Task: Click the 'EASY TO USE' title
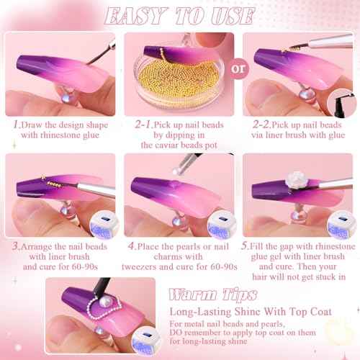179,16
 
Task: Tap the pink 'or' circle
238,68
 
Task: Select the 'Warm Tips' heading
213,294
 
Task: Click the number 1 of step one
16,125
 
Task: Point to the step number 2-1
143,125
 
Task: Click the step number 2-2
261,125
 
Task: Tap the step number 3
16,246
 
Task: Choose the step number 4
132,246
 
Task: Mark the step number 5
245,246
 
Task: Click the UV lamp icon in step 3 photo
104,225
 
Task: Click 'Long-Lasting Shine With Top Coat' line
251,312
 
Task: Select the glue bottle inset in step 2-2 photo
342,103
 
